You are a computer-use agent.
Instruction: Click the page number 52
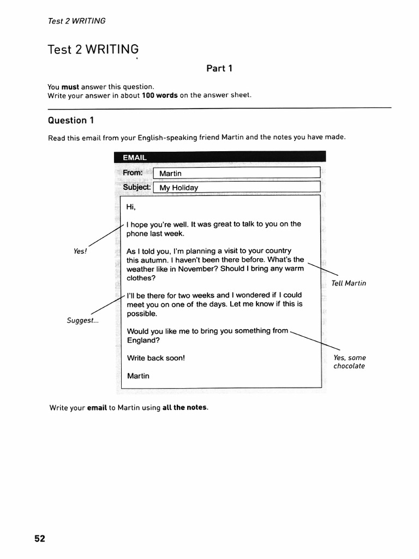(40, 538)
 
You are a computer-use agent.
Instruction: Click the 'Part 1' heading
(219, 68)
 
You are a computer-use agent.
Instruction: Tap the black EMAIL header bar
(219, 157)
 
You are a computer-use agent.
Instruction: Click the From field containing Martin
(236, 174)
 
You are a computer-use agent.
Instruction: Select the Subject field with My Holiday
(236, 188)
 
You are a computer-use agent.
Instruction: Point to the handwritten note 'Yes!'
(80, 251)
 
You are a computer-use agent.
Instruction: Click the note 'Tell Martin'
(349, 283)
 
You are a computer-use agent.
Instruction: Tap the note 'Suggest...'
(83, 320)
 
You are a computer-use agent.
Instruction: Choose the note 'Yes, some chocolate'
(349, 362)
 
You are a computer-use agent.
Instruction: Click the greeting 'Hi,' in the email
(131, 207)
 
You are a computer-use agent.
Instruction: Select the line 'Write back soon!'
(155, 358)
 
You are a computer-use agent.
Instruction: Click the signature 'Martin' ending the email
(137, 376)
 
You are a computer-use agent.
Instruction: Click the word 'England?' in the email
(143, 340)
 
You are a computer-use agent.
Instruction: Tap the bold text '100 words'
(159, 95)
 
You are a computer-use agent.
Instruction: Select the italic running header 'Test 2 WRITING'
(76, 21)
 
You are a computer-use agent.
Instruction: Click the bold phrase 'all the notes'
(185, 408)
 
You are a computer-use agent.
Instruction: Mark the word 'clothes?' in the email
(141, 278)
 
